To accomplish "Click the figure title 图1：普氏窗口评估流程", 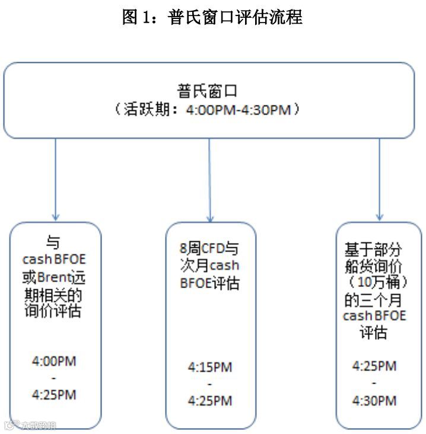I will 212,17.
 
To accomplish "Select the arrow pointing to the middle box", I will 210,178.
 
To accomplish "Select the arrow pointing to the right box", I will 380,178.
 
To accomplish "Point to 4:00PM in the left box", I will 55,360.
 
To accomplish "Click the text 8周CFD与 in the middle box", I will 210,248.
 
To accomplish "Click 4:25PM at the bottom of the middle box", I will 210,401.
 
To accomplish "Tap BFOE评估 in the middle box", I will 210,283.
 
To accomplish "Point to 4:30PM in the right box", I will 374,401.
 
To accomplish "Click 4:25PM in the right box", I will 374,366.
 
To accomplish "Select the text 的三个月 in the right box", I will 375,299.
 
